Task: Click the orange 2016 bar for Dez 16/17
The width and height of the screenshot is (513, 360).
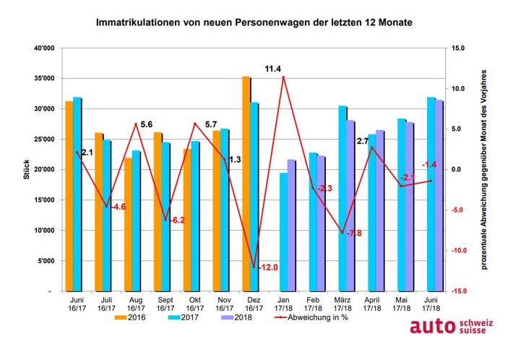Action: tap(246, 184)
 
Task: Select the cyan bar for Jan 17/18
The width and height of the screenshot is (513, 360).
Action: tap(283, 231)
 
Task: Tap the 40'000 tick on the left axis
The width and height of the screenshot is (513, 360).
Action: tap(43, 48)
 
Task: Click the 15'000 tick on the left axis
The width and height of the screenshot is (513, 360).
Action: tap(43, 200)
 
